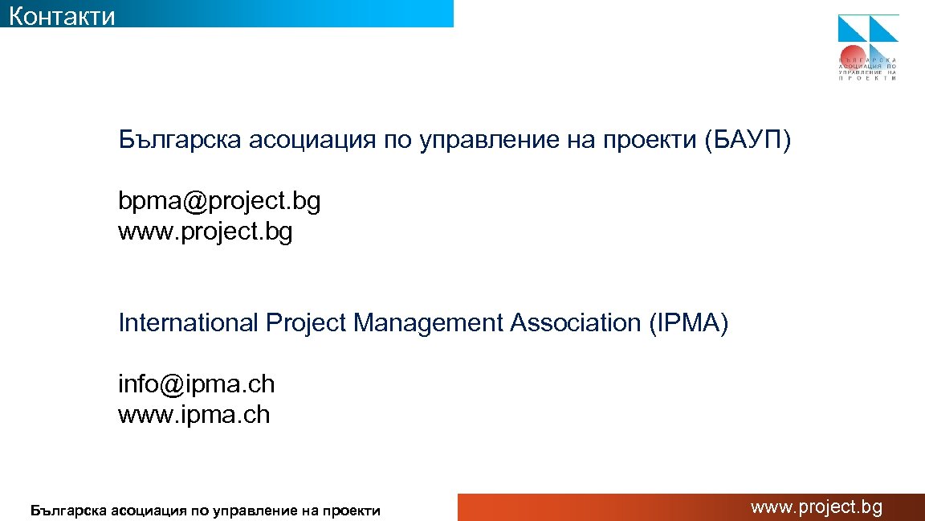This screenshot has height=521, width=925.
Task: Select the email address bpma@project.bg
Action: point(219,202)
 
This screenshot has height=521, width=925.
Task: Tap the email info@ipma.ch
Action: point(196,384)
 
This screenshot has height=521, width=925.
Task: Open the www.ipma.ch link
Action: point(194,415)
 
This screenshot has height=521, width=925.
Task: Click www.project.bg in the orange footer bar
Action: point(816,507)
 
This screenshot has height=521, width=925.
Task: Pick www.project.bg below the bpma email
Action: point(205,232)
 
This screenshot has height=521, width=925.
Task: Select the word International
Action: point(188,323)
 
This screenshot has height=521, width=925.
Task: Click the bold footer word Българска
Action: point(67,510)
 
